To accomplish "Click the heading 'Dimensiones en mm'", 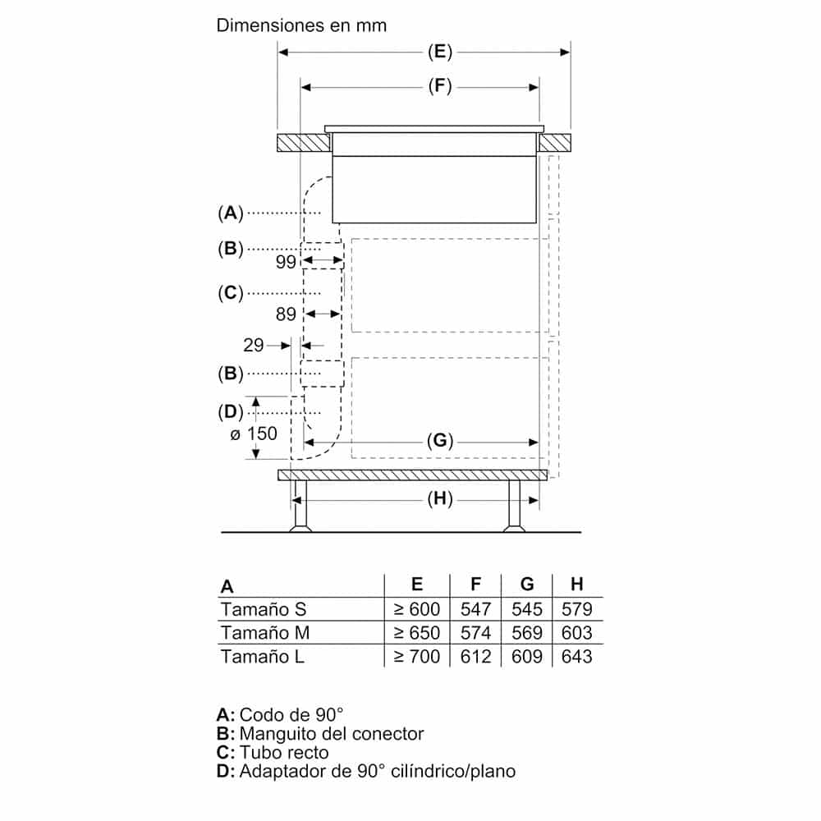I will pos(300,25).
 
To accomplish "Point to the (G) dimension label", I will pos(440,441).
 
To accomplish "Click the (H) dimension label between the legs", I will pos(440,499).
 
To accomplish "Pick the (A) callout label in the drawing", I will pos(231,213).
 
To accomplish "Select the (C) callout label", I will pos(231,292).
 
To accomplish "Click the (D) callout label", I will pos(231,410).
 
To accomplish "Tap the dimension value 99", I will pos(285,262).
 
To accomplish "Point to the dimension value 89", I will pos(285,314).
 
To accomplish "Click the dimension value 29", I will pos(253,345).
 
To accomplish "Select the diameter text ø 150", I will pos(254,433).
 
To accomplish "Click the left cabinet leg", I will pos(300,506).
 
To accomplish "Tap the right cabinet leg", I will pos(515,506).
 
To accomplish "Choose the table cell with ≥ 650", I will pos(416,633).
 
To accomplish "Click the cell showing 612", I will pos(475,657).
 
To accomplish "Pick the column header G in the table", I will pos(527,585).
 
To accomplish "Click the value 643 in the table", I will pos(577,657).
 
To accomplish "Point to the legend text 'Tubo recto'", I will pos(284,752).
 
